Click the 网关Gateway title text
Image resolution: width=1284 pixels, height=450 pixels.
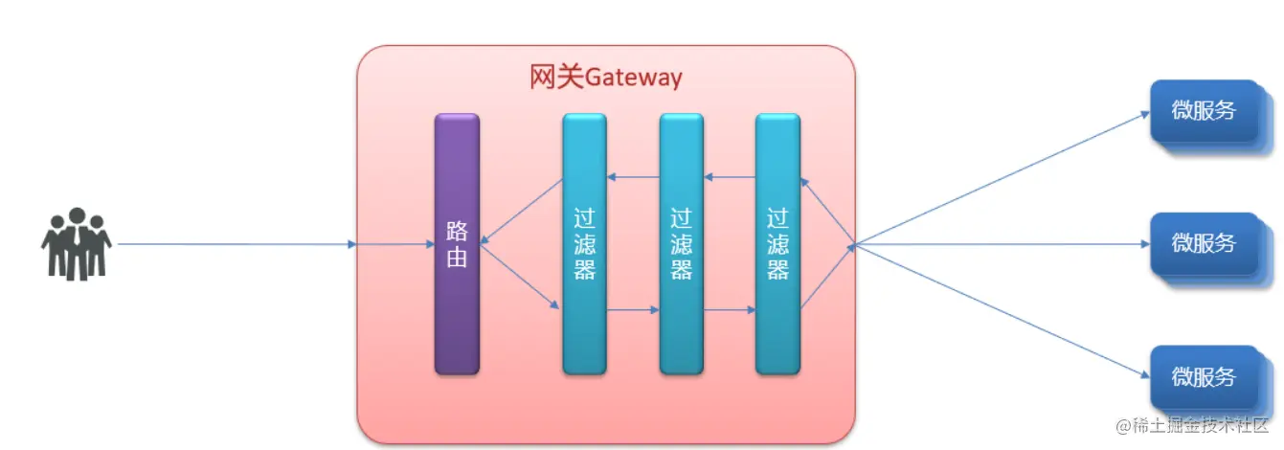tap(605, 77)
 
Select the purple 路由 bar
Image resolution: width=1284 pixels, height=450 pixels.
tap(457, 244)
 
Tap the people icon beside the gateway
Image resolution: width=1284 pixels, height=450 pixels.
tap(77, 244)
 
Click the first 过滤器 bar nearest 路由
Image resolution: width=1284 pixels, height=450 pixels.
tap(584, 244)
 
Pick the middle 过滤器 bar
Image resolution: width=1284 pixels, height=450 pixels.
tap(681, 244)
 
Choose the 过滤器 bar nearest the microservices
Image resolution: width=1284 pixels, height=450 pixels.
tap(777, 244)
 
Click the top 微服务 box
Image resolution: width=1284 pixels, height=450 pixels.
tap(1204, 111)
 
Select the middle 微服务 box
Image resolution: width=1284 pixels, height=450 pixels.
tap(1204, 244)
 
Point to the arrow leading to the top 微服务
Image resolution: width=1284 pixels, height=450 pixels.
tap(1001, 178)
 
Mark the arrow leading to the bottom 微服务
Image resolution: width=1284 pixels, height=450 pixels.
tap(1001, 310)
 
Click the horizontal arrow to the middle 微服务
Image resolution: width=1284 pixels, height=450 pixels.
tap(1001, 244)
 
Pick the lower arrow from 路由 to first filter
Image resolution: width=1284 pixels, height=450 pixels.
tap(520, 277)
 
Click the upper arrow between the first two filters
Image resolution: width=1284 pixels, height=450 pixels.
tap(633, 176)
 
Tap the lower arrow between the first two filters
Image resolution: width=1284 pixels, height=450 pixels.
tap(633, 310)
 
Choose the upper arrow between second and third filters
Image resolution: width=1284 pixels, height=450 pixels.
tap(730, 176)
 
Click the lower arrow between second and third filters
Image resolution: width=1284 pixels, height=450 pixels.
tap(730, 310)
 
